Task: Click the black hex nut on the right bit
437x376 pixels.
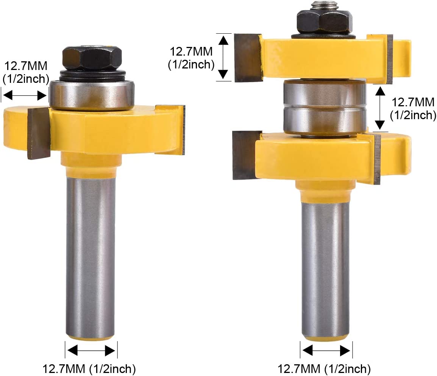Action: [x=325, y=22]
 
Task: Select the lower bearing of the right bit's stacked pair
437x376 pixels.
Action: [x=325, y=120]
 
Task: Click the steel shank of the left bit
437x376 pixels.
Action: [x=91, y=258]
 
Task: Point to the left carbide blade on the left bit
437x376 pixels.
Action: [x=39, y=133]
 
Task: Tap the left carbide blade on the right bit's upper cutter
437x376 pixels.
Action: [x=248, y=57]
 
